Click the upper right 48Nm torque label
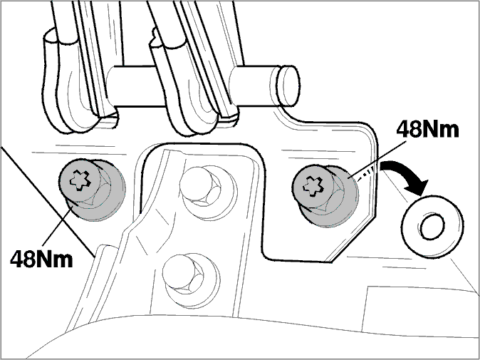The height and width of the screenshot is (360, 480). [x=427, y=130]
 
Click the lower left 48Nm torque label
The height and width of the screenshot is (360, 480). [x=41, y=259]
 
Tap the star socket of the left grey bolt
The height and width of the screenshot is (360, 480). [x=80, y=180]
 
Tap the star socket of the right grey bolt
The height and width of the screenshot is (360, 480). [x=313, y=185]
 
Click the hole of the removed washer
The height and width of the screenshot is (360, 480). [x=432, y=227]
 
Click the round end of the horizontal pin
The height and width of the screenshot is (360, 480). [x=288, y=86]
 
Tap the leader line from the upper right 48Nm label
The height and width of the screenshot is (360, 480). [x=379, y=158]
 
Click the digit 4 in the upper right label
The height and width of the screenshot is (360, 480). [x=404, y=130]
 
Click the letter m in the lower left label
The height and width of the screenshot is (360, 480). [x=62, y=262]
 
